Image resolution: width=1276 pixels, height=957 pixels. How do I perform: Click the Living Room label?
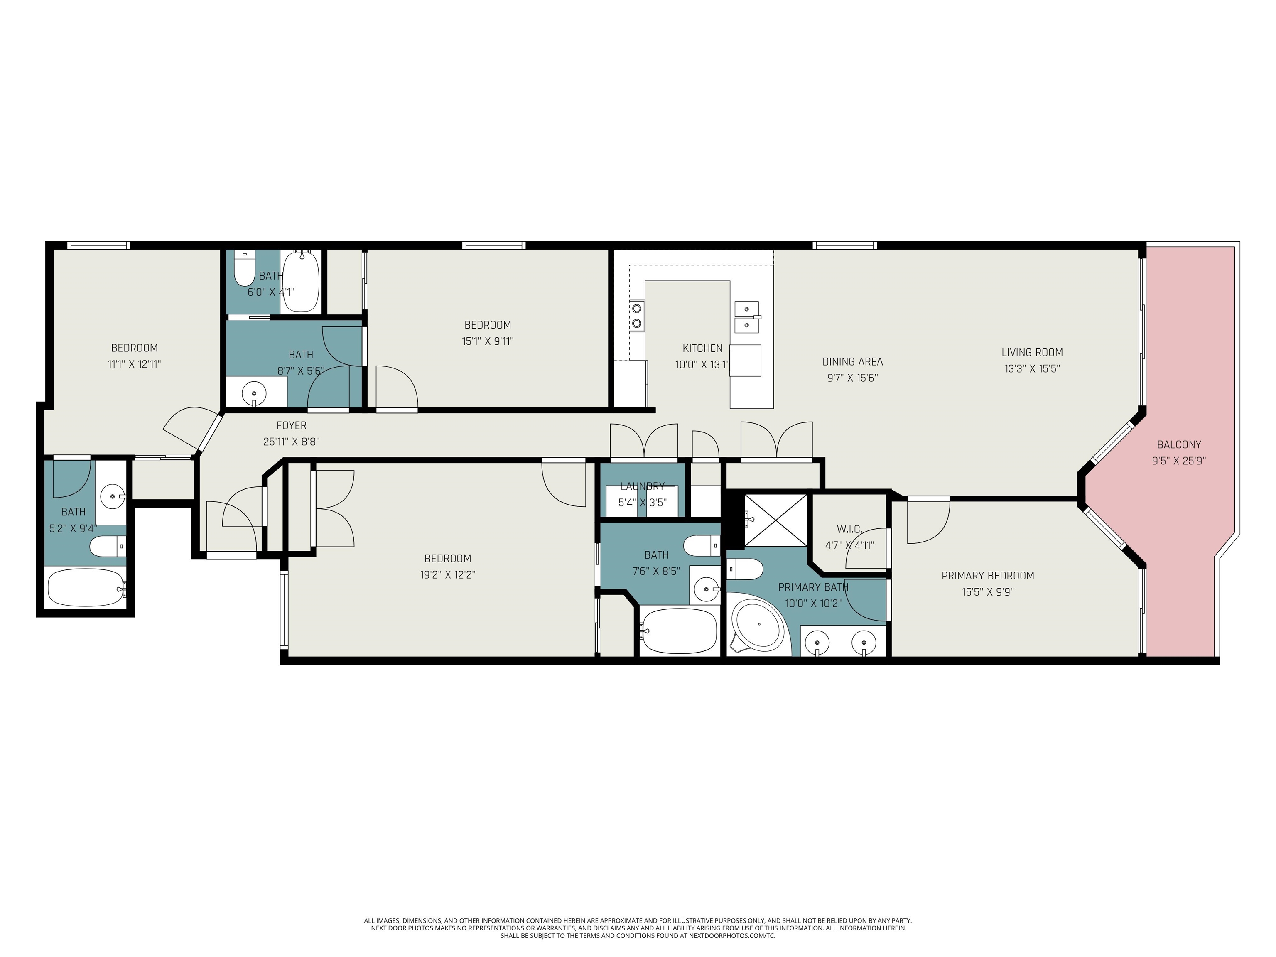click(1032, 353)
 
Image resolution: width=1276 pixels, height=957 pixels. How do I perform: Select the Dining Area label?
click(853, 362)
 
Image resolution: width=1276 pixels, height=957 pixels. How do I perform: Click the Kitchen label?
click(702, 348)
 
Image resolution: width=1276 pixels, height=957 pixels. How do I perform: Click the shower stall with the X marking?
click(776, 520)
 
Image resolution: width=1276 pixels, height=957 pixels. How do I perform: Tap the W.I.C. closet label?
click(849, 529)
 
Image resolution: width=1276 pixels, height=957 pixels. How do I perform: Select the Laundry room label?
click(643, 486)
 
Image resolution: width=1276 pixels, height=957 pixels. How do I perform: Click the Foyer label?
click(291, 426)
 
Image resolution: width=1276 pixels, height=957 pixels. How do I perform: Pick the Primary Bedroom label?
click(988, 576)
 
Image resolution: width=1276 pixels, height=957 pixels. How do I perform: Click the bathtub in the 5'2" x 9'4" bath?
click(86, 588)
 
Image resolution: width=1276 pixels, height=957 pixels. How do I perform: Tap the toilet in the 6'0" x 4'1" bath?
click(243, 269)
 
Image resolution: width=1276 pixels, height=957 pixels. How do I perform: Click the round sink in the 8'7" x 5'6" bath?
click(254, 393)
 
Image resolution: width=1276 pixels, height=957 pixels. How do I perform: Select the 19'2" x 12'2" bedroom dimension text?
click(448, 574)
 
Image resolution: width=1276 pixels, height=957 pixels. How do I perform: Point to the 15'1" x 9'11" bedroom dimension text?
click(488, 341)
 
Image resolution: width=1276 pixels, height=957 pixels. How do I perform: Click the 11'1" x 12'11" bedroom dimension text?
click(135, 364)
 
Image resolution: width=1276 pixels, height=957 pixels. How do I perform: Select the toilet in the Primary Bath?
click(745, 569)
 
